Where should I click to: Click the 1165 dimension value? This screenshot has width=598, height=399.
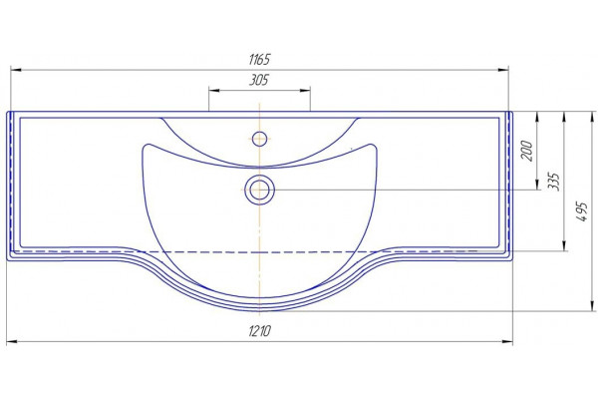(259, 60)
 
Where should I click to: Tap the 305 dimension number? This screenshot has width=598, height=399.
(259, 80)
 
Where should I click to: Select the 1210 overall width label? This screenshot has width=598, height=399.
(260, 330)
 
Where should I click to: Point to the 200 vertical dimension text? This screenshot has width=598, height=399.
(526, 151)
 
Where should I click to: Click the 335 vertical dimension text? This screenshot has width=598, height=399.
(553, 182)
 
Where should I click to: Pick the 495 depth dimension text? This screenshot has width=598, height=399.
(581, 211)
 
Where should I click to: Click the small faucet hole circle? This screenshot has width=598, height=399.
(260, 139)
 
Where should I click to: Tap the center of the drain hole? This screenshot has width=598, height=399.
(260, 190)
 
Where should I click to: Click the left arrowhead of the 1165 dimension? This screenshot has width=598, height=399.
(16, 70)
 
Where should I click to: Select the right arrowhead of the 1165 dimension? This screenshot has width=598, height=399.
(503, 70)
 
